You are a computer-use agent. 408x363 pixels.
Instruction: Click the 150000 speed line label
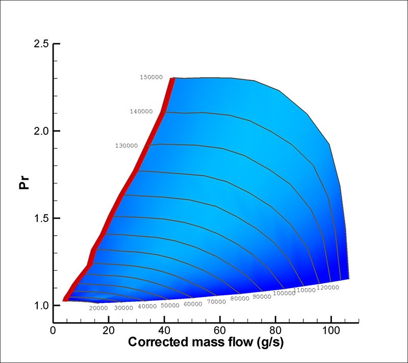(x=151, y=77)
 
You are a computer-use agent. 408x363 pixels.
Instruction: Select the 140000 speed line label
(x=141, y=111)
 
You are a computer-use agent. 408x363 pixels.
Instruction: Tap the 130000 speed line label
(x=127, y=146)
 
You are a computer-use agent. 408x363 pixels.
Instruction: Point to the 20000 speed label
(x=98, y=308)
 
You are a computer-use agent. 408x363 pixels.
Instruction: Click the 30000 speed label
(x=123, y=308)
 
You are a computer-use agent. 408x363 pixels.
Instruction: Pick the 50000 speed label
(x=170, y=305)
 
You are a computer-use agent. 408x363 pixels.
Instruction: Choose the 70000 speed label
(x=216, y=301)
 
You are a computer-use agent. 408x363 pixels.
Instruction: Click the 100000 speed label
(x=285, y=293)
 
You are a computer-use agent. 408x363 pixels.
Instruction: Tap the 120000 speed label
(x=328, y=288)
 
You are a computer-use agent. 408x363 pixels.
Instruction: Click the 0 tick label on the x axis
(x=53, y=329)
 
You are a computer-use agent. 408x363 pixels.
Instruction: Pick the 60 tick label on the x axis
(x=220, y=329)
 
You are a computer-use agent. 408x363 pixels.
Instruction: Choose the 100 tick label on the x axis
(x=331, y=329)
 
